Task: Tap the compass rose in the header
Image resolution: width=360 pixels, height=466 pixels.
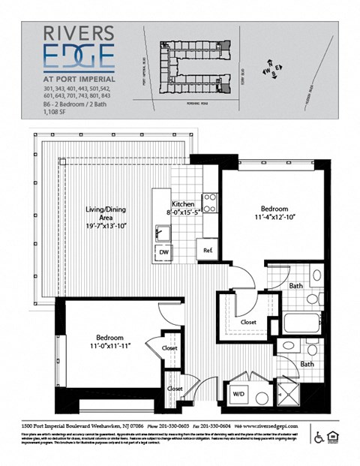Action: tap(272, 69)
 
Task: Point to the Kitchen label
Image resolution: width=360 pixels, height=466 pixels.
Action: tap(184, 203)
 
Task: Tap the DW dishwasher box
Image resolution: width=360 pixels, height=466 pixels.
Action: tap(163, 253)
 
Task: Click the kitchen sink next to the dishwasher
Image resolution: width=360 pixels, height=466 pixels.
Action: tap(163, 233)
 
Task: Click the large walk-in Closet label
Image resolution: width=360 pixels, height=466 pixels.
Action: tap(248, 322)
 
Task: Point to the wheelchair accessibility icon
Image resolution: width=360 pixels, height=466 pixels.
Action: tap(319, 437)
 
